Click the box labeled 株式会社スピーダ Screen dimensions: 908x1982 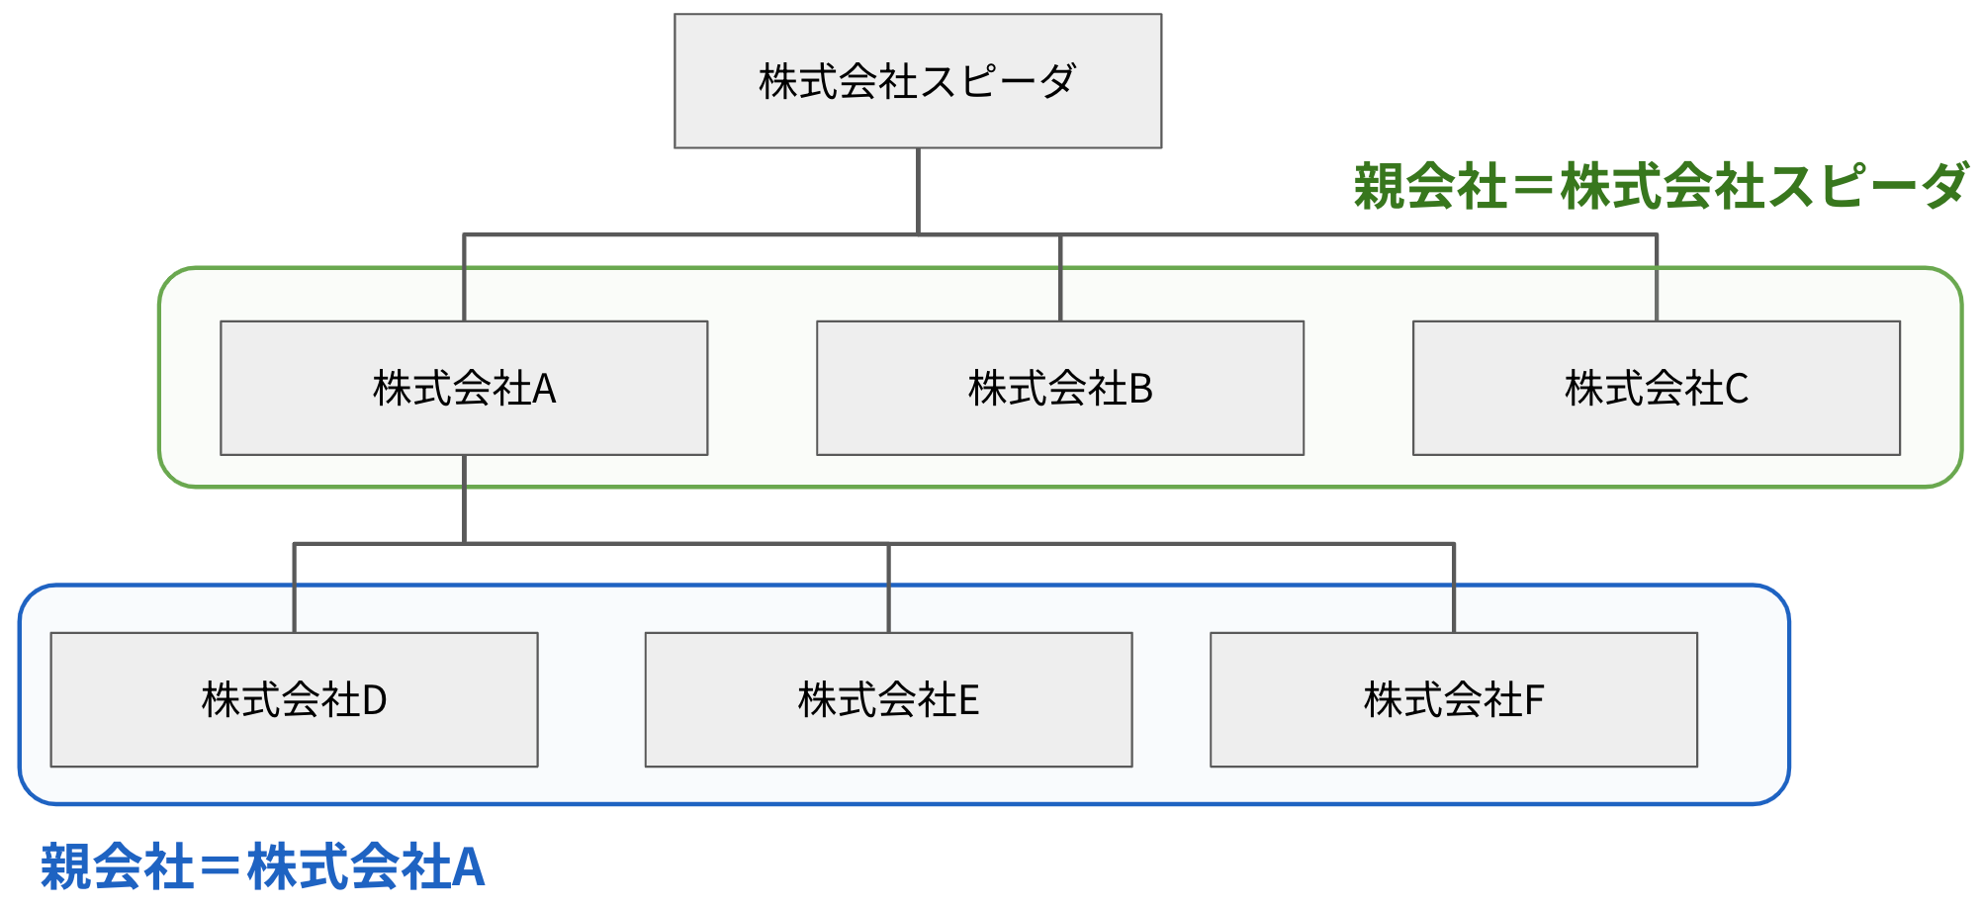click(x=917, y=81)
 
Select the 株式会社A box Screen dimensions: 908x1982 click(x=464, y=388)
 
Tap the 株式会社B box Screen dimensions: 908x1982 click(x=1059, y=388)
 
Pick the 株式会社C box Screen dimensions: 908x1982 click(x=1656, y=388)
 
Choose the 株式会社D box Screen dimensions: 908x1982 click(x=294, y=699)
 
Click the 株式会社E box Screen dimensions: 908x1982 click(x=888, y=699)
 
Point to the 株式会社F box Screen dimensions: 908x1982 click(x=1453, y=699)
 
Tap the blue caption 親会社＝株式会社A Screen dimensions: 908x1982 click(x=262, y=867)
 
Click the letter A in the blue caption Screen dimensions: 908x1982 click(x=467, y=867)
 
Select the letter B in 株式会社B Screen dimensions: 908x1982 click(x=1140, y=389)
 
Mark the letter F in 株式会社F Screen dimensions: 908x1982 click(x=1534, y=700)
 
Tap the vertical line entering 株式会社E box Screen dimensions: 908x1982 click(x=888, y=589)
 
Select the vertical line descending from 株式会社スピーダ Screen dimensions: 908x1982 click(x=918, y=191)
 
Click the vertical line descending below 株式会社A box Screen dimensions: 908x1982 click(x=464, y=499)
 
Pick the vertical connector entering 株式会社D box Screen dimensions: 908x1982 click(x=294, y=589)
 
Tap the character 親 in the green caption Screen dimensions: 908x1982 click(x=1379, y=186)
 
